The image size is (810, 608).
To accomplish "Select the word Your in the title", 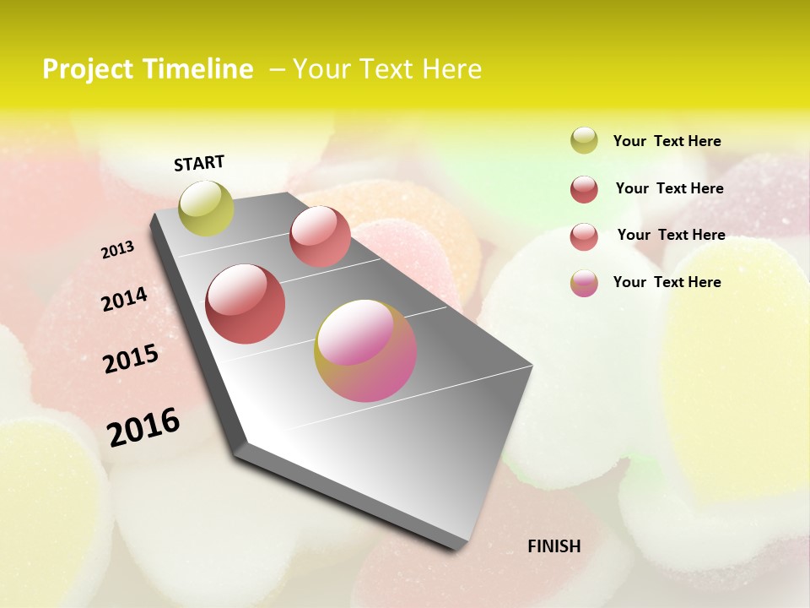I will (x=320, y=69).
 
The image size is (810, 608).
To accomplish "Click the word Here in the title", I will (x=451, y=69).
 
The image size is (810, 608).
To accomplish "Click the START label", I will (x=199, y=163).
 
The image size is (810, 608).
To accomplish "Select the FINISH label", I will (x=554, y=546).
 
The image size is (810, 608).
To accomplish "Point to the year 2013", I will (x=117, y=250).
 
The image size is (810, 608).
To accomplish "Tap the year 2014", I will (x=124, y=299).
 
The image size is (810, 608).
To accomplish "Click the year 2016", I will (x=143, y=426).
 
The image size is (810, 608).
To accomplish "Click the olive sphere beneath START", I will (x=206, y=208).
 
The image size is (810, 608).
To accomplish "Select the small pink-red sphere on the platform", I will (x=320, y=236).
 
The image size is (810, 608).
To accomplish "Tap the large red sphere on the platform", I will (x=246, y=304).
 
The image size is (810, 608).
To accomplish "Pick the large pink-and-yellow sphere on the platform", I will (x=365, y=350).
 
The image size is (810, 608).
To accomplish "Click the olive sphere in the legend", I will (x=584, y=141).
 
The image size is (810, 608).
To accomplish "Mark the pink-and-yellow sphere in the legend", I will (x=584, y=283).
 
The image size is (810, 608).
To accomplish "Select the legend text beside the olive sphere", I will (x=667, y=142).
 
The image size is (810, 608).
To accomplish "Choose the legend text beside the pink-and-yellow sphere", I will (x=667, y=282).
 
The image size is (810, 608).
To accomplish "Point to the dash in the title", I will (x=276, y=70).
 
